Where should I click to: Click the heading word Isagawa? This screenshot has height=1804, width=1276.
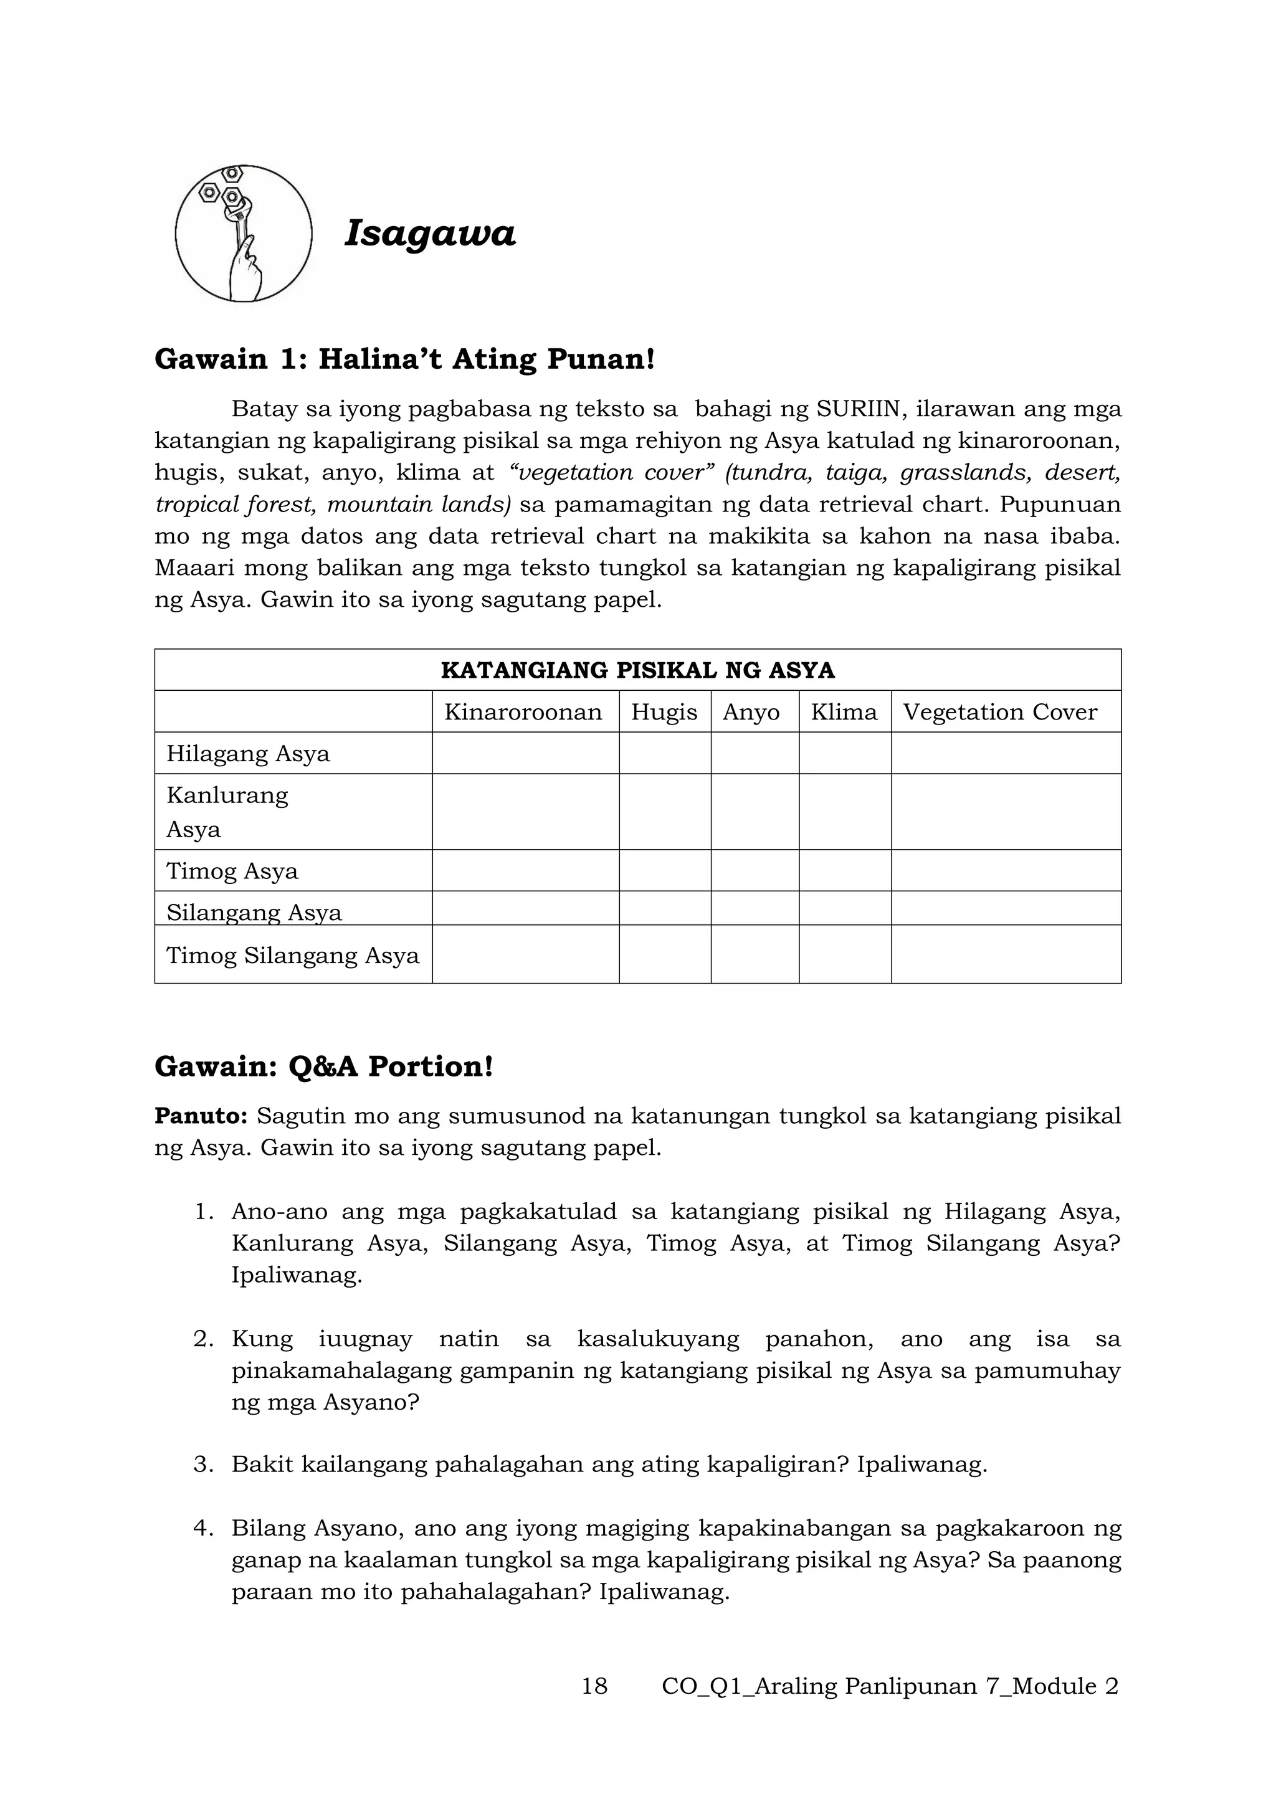click(x=430, y=234)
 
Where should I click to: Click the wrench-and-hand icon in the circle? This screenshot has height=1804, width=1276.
click(x=243, y=234)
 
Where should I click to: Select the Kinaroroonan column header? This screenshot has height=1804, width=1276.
click(x=523, y=712)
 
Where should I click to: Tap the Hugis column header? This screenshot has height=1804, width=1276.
click(x=664, y=712)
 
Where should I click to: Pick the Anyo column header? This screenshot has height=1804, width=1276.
click(x=751, y=712)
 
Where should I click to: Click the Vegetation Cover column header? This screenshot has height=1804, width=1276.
click(x=999, y=712)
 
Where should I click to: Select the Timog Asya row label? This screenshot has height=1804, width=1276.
click(x=232, y=871)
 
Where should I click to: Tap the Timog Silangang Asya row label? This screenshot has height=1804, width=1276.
click(x=292, y=956)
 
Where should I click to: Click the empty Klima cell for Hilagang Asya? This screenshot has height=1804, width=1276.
click(x=845, y=754)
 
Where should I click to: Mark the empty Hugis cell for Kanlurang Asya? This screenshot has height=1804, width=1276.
click(x=665, y=812)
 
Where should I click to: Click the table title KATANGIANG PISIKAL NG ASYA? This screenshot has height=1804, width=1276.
click(x=637, y=670)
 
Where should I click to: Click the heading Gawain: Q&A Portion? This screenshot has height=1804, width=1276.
click(x=324, y=1066)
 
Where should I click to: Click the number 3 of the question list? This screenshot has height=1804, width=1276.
click(x=202, y=1465)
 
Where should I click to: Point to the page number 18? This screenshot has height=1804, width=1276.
click(x=594, y=1686)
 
